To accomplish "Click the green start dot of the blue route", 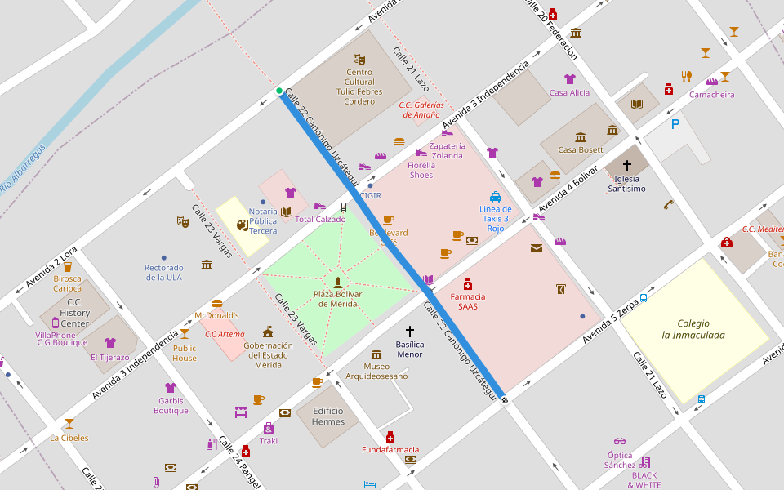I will [279, 91].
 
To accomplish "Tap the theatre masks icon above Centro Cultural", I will [359, 59].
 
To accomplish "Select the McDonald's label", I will [217, 315].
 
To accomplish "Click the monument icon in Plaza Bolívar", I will [337, 282].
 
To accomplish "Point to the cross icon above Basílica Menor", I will [410, 332].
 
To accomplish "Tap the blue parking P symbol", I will [675, 124].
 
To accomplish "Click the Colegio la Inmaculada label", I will [693, 329].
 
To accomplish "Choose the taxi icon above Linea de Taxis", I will [496, 196].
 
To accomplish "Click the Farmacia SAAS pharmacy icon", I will [468, 284].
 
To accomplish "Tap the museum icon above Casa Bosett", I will [581, 137].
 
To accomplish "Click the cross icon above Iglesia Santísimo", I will [627, 165].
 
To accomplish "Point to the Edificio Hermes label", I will [328, 416].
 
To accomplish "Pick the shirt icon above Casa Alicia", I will [570, 79].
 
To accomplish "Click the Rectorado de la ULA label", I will [164, 273].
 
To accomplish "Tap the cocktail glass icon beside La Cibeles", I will [69, 424].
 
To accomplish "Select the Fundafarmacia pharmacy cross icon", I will [390, 437].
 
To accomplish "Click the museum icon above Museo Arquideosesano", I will [376, 354].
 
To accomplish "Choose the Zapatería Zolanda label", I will [447, 150].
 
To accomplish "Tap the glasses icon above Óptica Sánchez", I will [620, 442].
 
